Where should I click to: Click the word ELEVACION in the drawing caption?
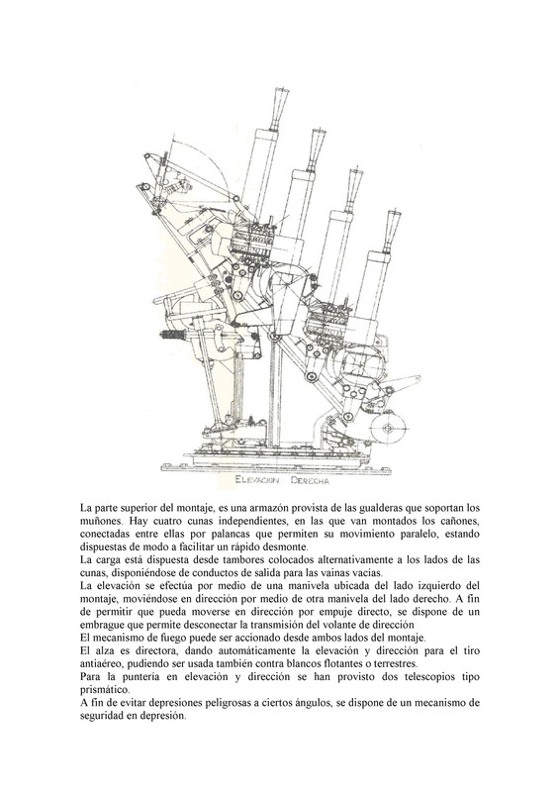pos(257,480)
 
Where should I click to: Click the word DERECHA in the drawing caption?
pos(310,481)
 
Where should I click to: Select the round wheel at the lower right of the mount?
pos(388,429)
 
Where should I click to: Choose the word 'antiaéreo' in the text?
pos(99,663)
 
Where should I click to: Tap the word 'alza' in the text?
pos(101,650)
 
